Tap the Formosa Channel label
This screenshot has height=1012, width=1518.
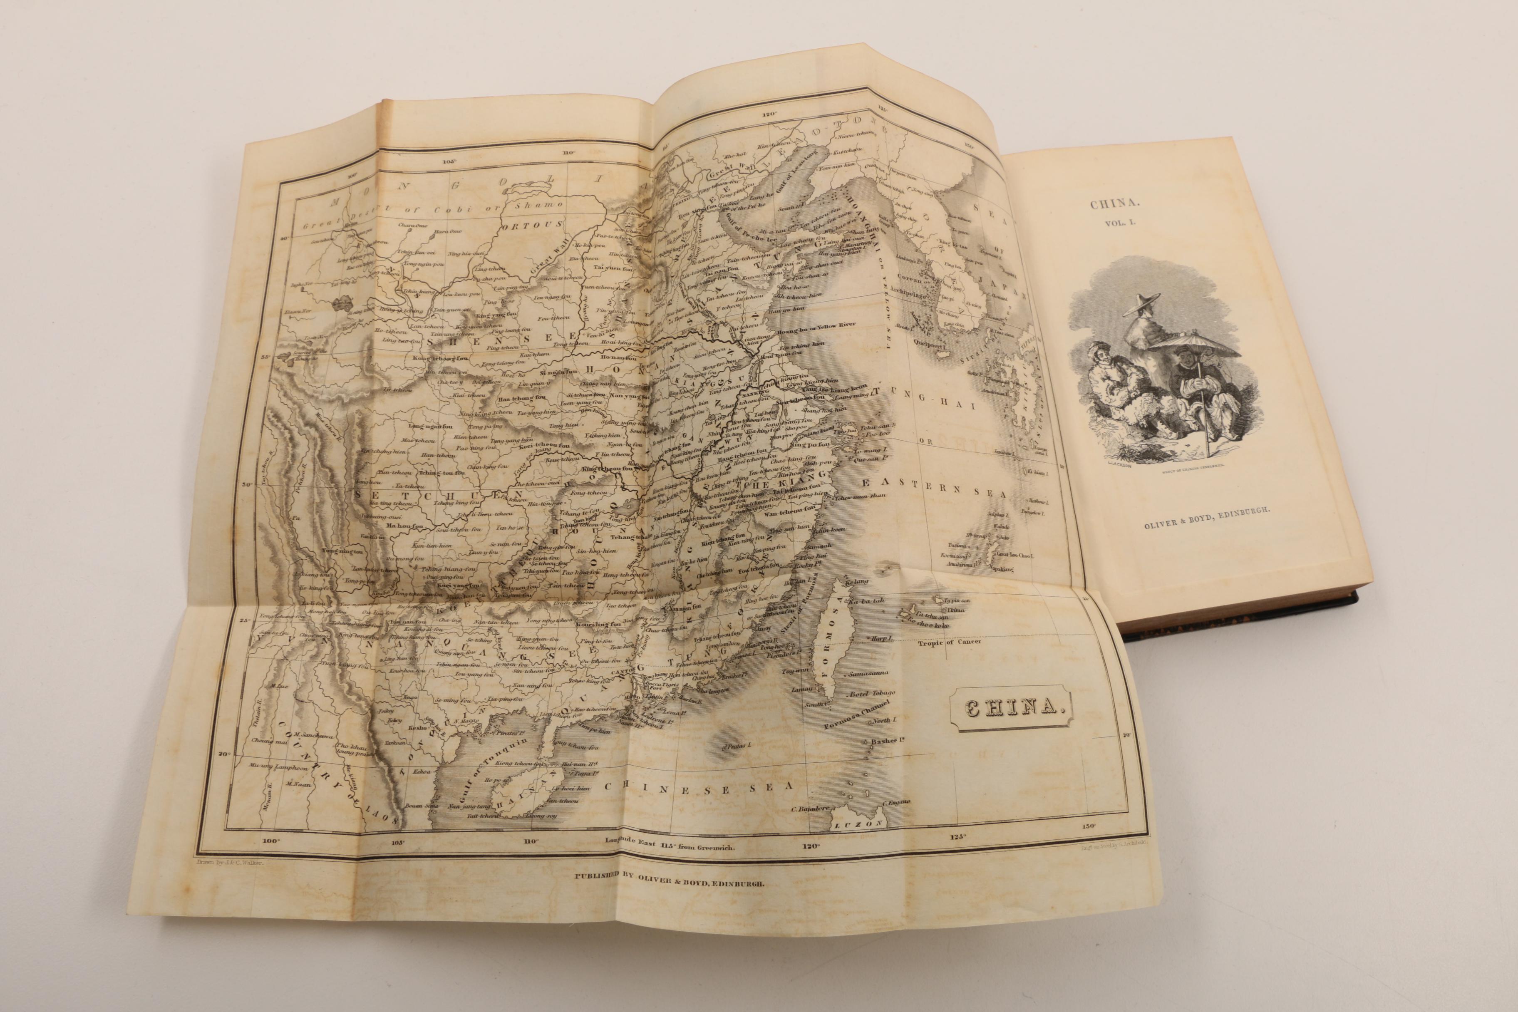[x=858, y=717]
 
